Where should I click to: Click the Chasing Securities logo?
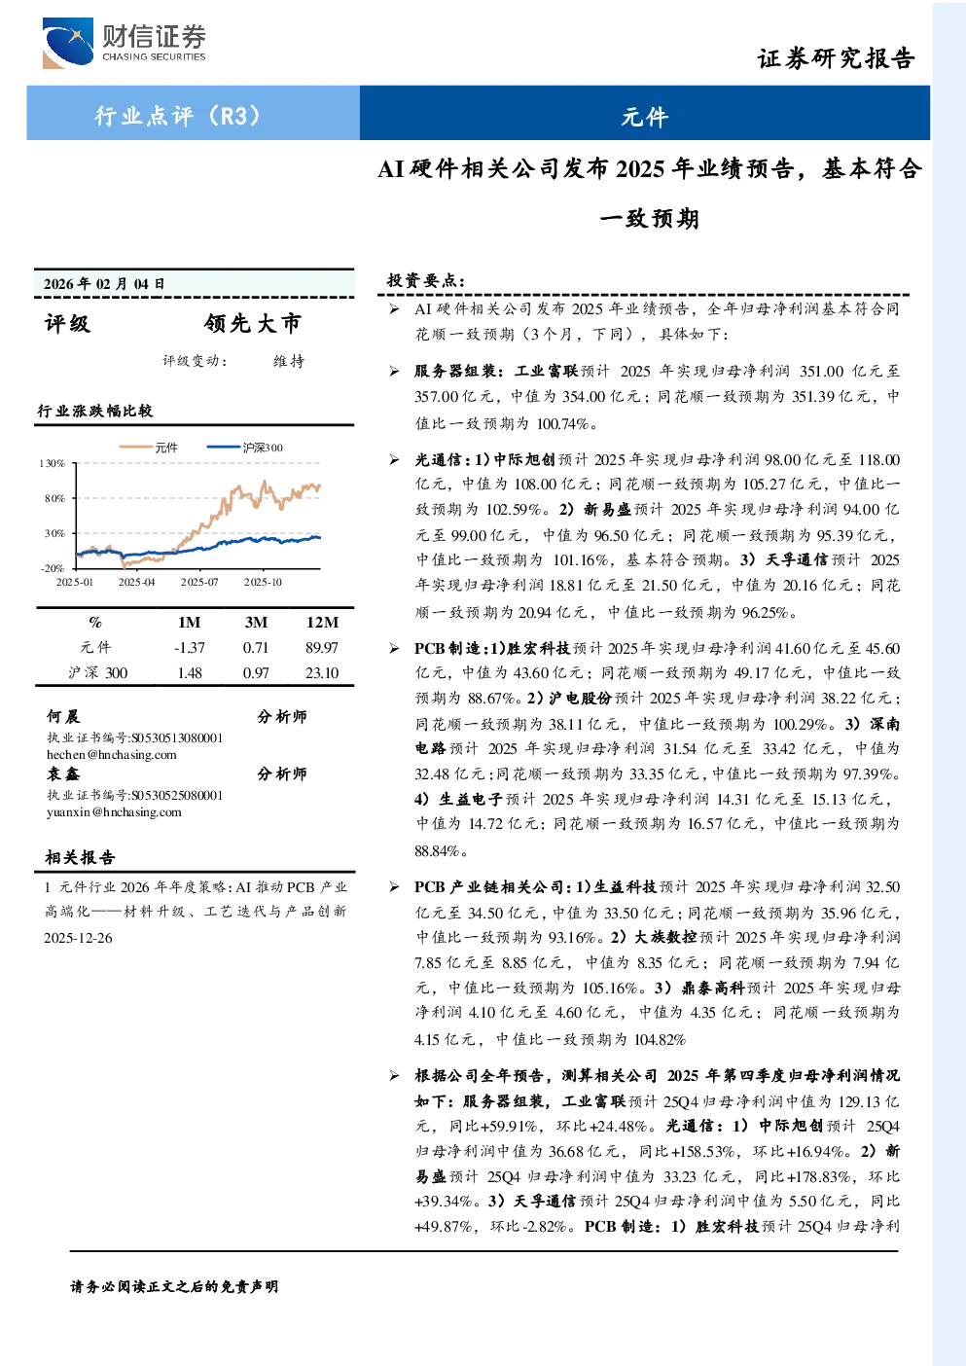(125, 43)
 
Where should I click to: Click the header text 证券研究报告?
(836, 58)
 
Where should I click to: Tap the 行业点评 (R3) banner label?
(178, 115)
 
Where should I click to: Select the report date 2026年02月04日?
(104, 283)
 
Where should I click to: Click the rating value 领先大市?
(253, 323)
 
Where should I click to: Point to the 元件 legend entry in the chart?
(149, 448)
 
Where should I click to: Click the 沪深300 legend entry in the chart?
(244, 448)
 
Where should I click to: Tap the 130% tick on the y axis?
(53, 463)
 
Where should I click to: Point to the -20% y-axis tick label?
(54, 568)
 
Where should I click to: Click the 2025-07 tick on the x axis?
(199, 583)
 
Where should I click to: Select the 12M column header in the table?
(322, 622)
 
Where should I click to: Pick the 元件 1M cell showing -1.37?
(190, 648)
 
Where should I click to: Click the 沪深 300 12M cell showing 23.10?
(322, 673)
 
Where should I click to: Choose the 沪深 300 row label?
(97, 673)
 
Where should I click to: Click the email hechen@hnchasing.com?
(112, 755)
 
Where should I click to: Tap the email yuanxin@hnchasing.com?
(114, 812)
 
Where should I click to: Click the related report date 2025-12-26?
(78, 938)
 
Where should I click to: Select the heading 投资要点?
(426, 280)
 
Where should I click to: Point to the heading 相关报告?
(80, 857)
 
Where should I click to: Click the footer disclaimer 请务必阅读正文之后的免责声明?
(174, 1287)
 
